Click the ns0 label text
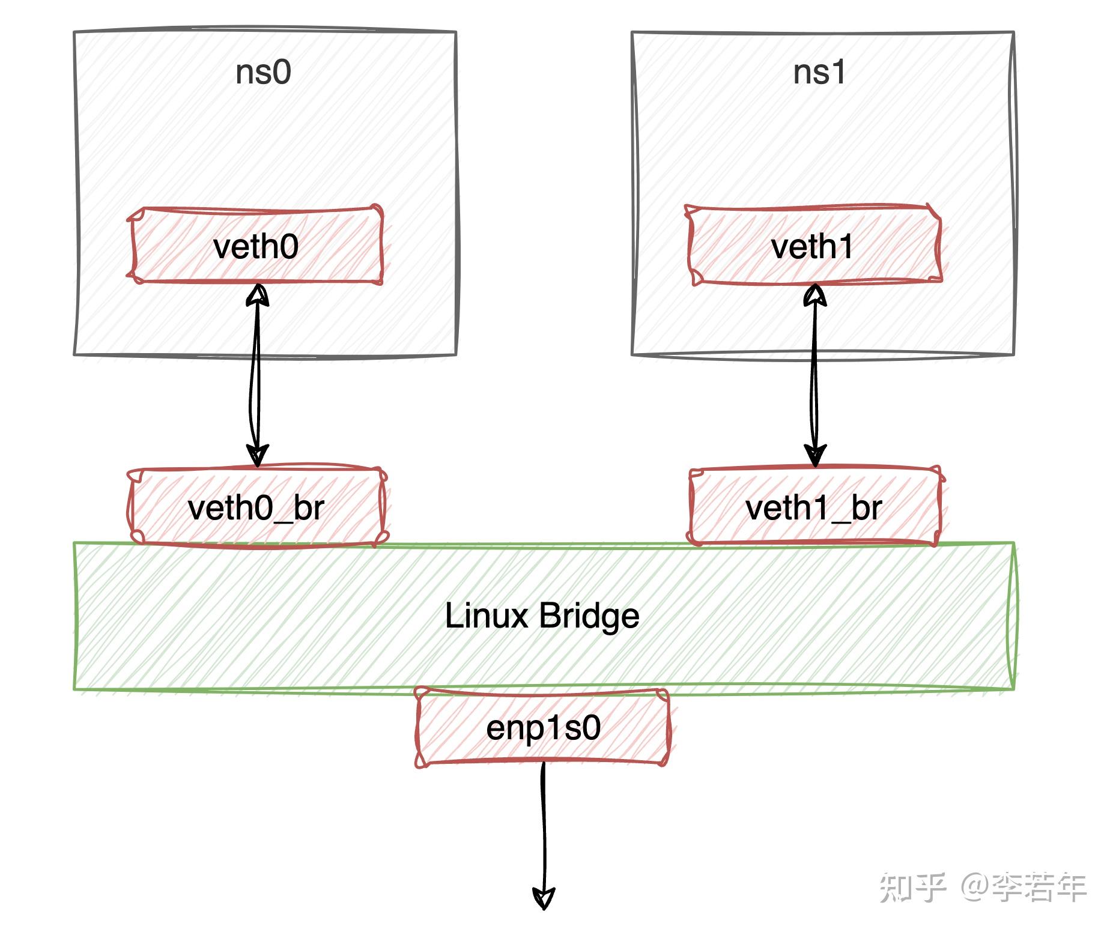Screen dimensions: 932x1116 263,72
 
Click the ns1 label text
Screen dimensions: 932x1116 819,72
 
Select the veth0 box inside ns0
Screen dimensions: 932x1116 256,246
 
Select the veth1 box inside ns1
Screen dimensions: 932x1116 813,246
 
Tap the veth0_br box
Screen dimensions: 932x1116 256,508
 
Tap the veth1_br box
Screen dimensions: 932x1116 814,508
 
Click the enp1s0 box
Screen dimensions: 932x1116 543,728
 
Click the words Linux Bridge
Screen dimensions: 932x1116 542,616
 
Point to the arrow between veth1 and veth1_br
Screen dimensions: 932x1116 814,375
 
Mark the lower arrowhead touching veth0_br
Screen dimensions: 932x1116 257,455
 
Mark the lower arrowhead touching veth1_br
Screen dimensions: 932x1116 815,455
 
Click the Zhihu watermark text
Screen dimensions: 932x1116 983,887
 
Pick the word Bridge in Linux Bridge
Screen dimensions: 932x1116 589,616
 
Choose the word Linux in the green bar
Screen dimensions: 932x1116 487,616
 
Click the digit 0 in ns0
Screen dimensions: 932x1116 281,73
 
